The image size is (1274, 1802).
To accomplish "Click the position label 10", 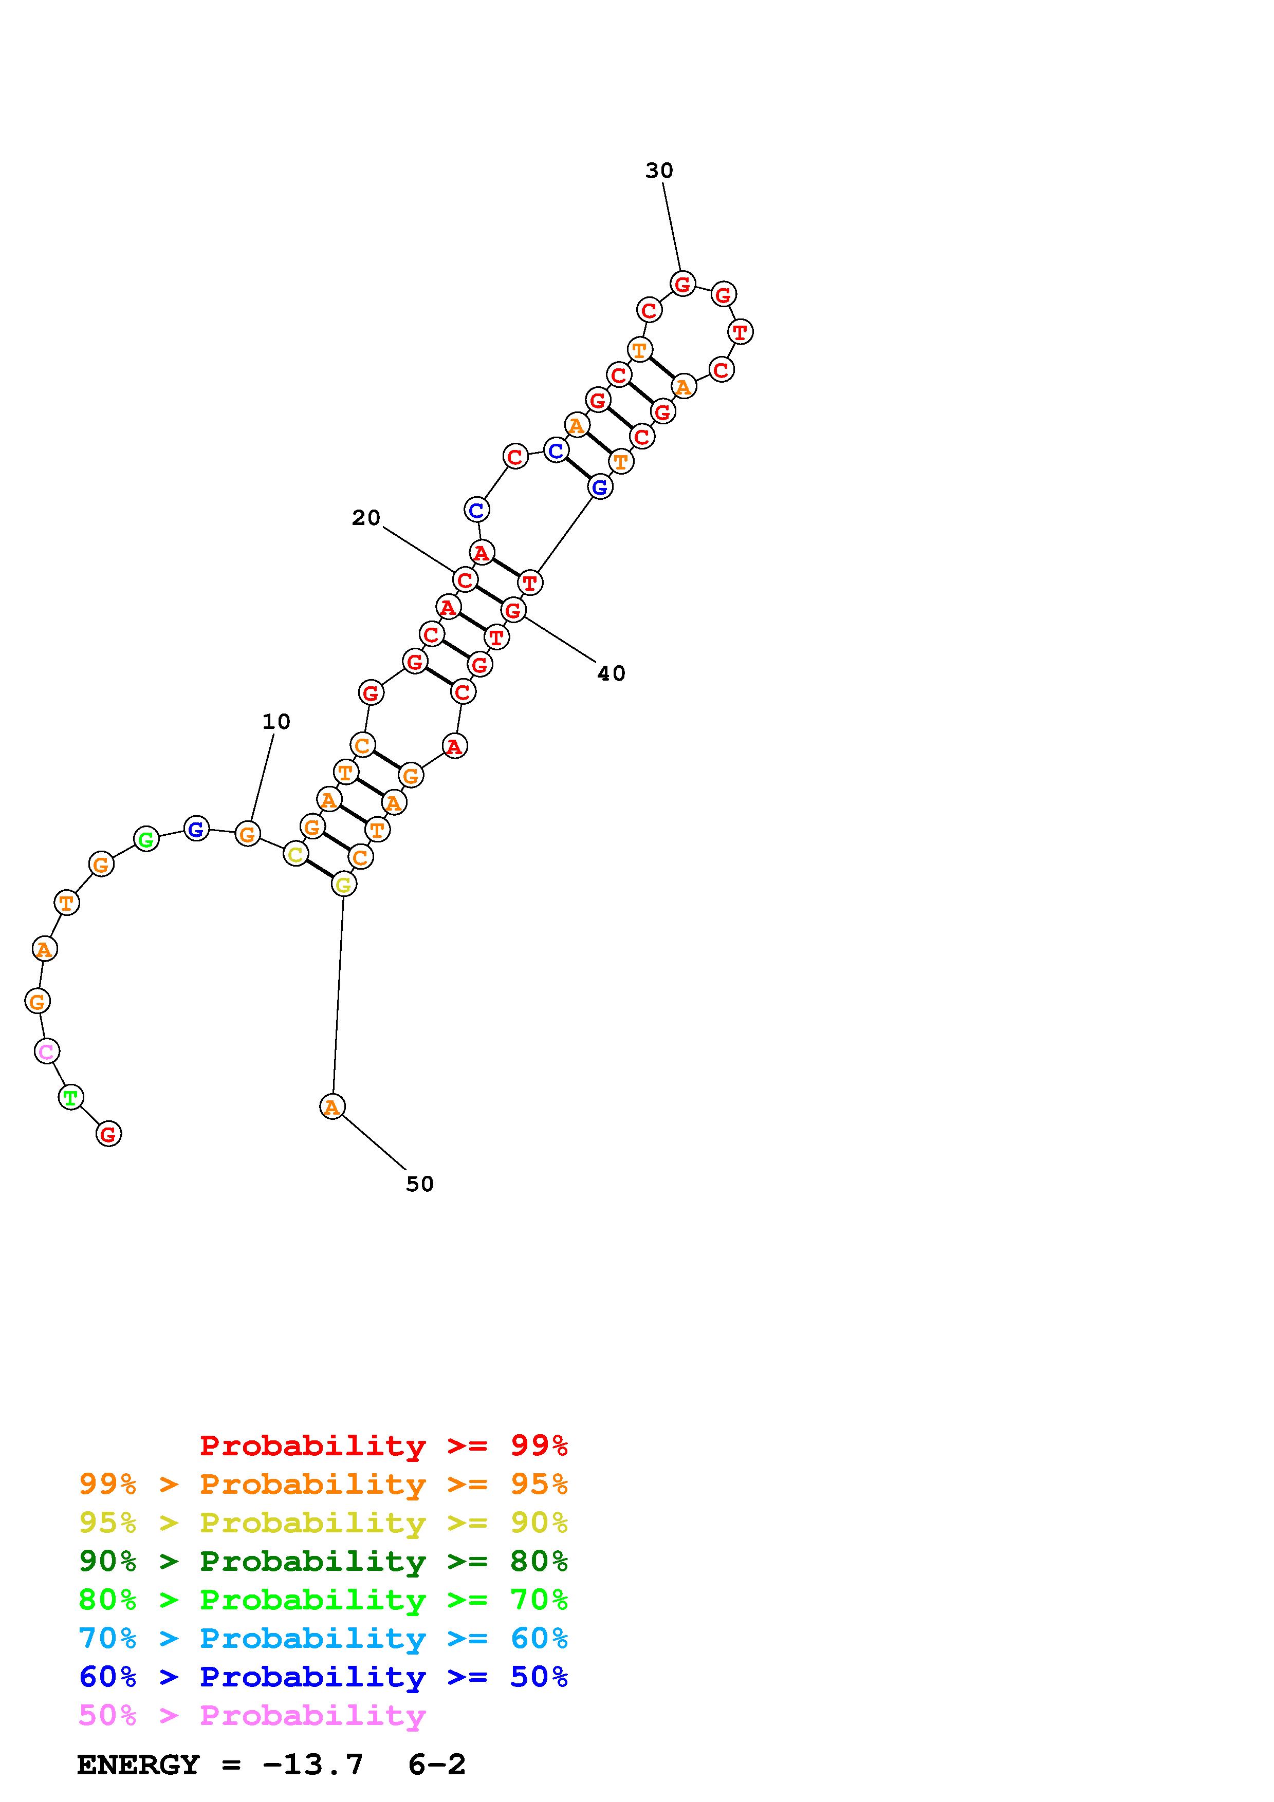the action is coord(276,721).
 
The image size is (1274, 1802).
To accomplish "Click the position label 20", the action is coord(366,518).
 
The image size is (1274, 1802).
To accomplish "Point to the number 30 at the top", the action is coord(659,171).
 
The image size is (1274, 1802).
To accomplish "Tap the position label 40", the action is coord(612,673).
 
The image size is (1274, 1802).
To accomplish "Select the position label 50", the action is coord(420,1184).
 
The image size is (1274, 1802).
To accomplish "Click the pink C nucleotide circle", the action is coord(47,1051).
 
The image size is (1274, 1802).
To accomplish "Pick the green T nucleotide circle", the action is coord(71,1097).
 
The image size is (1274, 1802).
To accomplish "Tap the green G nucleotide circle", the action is coord(146,839).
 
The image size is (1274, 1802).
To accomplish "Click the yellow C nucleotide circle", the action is coord(295,854).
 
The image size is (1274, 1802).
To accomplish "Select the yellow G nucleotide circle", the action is coord(343,885).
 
